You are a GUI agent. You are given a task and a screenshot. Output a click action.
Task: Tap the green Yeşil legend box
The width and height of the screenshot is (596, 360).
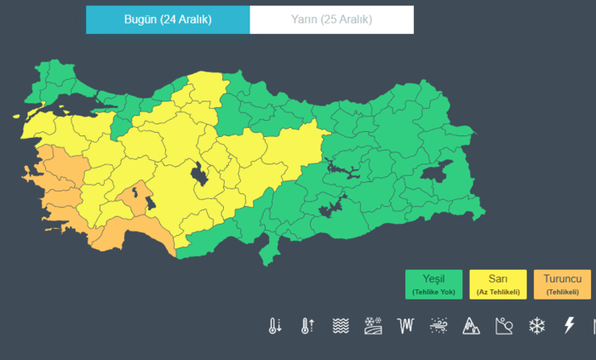click(x=433, y=284)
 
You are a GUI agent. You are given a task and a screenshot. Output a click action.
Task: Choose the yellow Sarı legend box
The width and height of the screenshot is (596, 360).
click(x=498, y=284)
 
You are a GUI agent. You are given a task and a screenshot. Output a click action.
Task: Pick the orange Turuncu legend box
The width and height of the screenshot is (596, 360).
click(x=562, y=284)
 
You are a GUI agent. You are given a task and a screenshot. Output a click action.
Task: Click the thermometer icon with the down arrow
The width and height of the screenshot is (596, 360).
click(x=275, y=326)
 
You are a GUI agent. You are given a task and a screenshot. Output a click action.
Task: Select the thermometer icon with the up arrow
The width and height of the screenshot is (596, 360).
click(x=307, y=326)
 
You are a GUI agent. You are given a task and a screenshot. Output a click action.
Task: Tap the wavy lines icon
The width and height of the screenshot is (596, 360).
click(x=340, y=326)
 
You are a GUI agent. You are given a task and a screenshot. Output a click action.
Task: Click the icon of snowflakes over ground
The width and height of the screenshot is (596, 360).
click(x=373, y=326)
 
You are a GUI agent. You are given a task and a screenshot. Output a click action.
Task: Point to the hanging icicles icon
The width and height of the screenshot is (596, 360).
click(x=406, y=326)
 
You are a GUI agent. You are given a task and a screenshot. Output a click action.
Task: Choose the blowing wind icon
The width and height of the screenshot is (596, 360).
click(x=439, y=326)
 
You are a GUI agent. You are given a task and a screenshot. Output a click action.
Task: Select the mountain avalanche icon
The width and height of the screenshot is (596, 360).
click(x=471, y=326)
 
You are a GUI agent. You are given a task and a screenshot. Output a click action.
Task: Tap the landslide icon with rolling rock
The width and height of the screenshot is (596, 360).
click(x=504, y=326)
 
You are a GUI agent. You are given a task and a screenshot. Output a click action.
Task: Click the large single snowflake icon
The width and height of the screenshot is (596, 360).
click(x=536, y=326)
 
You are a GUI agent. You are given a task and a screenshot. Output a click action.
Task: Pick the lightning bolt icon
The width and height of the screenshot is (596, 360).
click(x=569, y=326)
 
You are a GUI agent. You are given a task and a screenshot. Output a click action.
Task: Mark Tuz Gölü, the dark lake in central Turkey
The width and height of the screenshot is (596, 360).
click(x=202, y=175)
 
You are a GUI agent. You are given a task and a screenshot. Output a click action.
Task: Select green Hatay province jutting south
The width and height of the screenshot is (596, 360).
click(x=273, y=249)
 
